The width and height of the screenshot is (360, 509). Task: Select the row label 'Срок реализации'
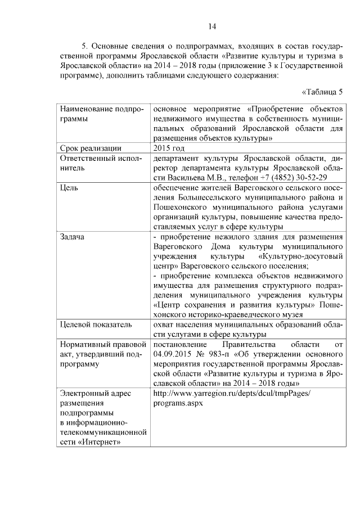(91, 148)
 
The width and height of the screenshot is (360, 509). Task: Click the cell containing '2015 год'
(169, 148)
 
